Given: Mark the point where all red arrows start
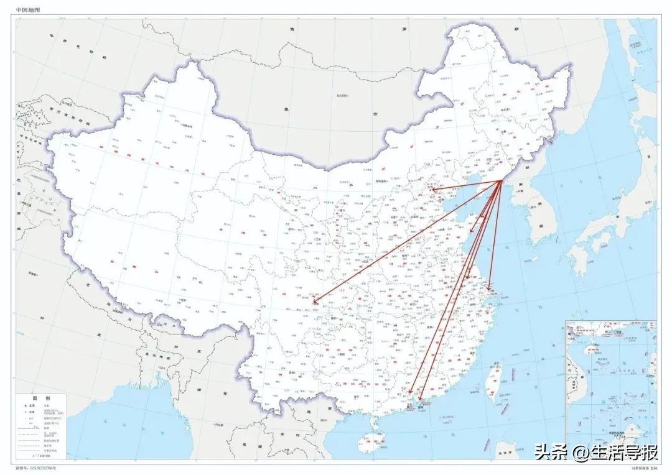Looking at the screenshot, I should tap(502, 181).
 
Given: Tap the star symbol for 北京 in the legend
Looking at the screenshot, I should tap(27, 405).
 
